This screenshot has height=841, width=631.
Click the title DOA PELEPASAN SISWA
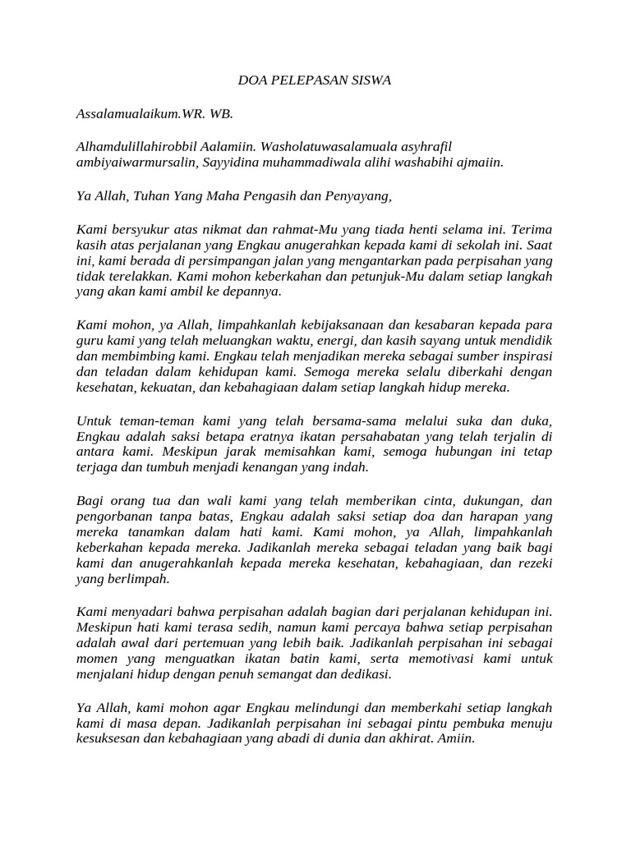[315, 80]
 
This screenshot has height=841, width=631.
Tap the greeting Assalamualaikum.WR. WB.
[149, 113]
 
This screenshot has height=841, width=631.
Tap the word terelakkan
[139, 276]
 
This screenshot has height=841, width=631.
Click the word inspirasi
[520, 356]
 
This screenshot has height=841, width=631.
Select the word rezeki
[532, 563]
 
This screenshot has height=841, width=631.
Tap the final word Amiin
[457, 738]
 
